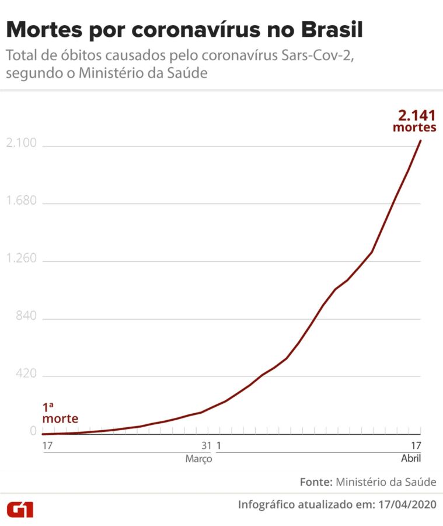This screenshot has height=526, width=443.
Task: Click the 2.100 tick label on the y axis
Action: tap(20, 144)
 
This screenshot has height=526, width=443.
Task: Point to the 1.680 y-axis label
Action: tap(20, 201)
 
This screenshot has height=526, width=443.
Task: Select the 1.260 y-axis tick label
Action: tap(20, 259)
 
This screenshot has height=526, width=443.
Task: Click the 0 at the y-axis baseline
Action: tap(33, 431)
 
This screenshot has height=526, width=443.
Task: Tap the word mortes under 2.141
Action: tap(414, 128)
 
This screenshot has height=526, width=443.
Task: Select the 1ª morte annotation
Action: tap(59, 413)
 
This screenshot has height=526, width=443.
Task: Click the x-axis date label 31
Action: tap(206, 445)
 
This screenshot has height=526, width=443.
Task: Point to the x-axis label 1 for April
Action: tap(219, 445)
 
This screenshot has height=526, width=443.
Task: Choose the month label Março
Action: tap(198, 459)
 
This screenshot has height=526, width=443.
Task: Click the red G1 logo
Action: tap(20, 508)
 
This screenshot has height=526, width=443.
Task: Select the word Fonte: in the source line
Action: tap(316, 482)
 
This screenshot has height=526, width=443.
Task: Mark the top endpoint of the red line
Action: tap(420, 140)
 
